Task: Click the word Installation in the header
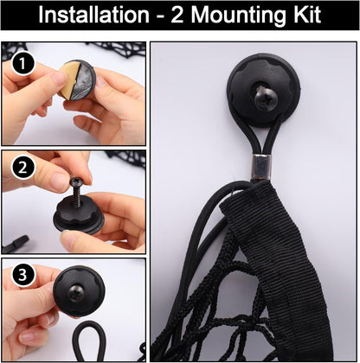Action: click(x=93, y=15)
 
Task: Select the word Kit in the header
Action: click(x=306, y=15)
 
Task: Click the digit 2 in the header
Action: click(x=177, y=15)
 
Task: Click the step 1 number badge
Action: click(x=23, y=64)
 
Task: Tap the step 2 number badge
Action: click(x=23, y=168)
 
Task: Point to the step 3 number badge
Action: click(x=23, y=275)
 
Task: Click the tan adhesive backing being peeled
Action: click(x=68, y=80)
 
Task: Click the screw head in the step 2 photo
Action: click(x=77, y=181)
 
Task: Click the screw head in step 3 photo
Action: click(x=76, y=293)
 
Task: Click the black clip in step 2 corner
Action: click(x=15, y=244)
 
